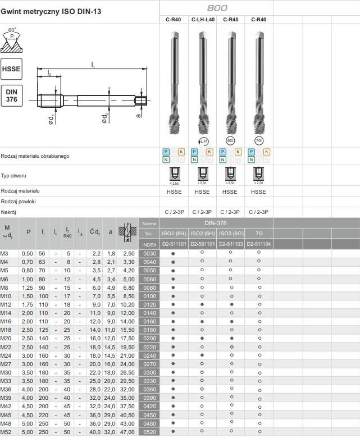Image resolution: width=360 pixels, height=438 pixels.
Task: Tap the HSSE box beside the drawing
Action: tap(12, 69)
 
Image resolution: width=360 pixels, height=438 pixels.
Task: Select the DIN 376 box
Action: tap(12, 95)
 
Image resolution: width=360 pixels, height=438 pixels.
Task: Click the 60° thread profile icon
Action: tap(12, 39)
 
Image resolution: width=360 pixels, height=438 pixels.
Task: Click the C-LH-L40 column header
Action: tap(202, 19)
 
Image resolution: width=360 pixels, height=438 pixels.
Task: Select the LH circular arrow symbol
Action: tap(203, 140)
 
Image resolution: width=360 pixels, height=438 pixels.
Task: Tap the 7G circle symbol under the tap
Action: tap(259, 140)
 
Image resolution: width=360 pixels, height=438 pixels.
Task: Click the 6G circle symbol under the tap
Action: tap(230, 140)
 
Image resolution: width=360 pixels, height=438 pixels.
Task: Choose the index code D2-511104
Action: tap(259, 244)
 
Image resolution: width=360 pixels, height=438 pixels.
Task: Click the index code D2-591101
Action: tap(202, 244)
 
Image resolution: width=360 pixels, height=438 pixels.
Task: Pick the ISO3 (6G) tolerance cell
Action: tap(230, 233)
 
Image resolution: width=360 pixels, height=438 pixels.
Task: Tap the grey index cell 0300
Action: tap(149, 372)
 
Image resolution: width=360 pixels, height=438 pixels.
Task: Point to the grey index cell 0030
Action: tap(149, 254)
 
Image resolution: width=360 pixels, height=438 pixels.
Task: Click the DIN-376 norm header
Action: tap(216, 223)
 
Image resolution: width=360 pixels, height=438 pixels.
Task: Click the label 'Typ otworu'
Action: tap(14, 176)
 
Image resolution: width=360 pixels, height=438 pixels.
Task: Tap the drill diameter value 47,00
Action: tap(127, 432)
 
